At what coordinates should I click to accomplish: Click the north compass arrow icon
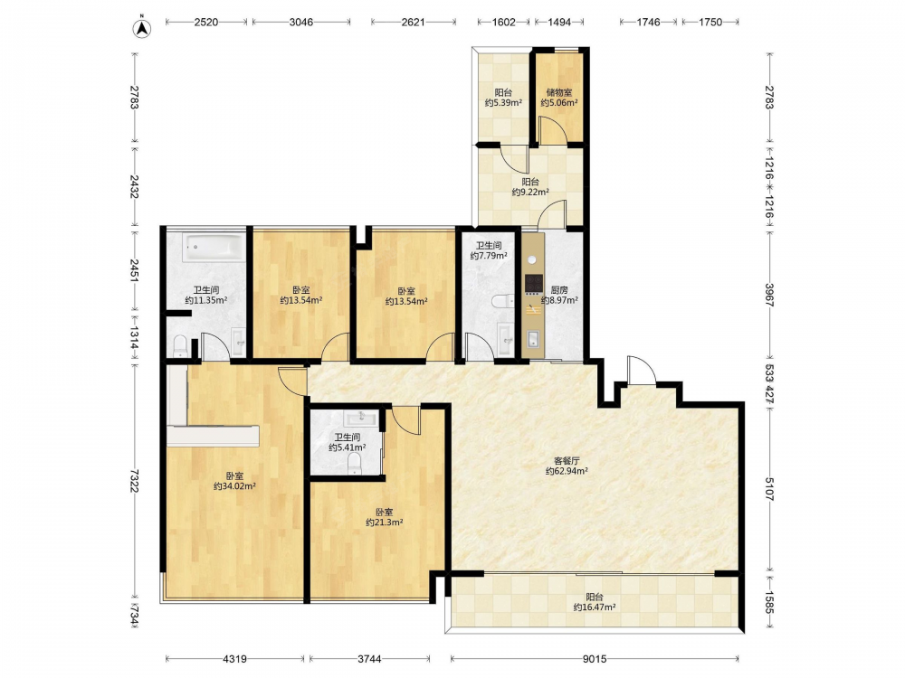click(142, 28)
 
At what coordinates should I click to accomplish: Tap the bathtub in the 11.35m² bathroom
click(213, 248)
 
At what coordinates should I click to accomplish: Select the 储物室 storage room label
click(559, 92)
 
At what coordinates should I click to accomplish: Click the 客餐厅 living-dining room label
click(567, 461)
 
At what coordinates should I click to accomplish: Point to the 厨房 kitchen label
click(559, 290)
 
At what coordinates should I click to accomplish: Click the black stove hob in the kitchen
click(534, 283)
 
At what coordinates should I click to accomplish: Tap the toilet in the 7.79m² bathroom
click(503, 301)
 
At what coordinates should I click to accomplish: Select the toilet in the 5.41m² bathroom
click(355, 463)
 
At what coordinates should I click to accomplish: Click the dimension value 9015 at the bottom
click(595, 659)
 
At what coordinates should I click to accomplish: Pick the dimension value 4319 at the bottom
click(235, 659)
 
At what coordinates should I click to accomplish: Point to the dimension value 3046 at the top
click(301, 23)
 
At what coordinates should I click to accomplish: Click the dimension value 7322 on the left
click(134, 480)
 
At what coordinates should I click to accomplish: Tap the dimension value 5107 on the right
click(769, 488)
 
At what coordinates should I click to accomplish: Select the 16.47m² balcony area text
click(595, 607)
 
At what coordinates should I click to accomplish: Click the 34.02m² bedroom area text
click(235, 486)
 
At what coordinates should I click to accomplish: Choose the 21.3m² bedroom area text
click(385, 523)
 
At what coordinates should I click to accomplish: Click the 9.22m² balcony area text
click(530, 192)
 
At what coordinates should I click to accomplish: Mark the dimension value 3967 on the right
click(769, 295)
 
